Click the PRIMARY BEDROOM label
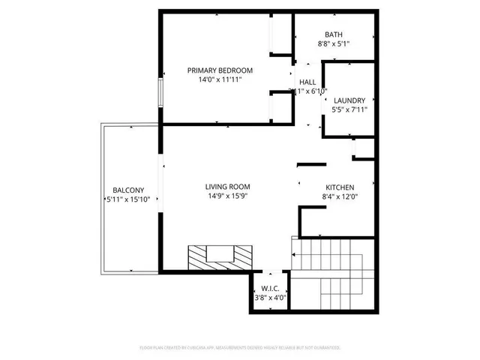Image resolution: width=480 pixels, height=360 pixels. [x=220, y=70]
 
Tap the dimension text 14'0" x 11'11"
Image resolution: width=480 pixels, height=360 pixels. [x=220, y=80]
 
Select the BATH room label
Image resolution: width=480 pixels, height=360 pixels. [x=334, y=34]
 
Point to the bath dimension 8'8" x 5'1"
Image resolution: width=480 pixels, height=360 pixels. [x=334, y=44]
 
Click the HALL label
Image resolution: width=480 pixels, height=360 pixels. [x=307, y=82]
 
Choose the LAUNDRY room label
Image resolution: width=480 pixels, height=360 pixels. [x=349, y=100]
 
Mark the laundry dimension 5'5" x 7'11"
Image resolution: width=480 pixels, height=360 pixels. [x=349, y=110]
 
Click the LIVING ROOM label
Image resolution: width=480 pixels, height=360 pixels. [x=228, y=187]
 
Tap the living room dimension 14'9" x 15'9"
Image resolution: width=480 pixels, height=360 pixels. [x=228, y=196]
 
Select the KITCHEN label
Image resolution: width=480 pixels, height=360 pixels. [x=339, y=187]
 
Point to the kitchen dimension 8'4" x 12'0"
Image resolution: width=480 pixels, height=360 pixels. [x=339, y=197]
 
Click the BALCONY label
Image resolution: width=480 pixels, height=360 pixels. [x=128, y=190]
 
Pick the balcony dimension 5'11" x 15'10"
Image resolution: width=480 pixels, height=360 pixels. [x=128, y=199]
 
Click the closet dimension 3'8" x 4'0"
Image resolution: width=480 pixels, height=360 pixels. [x=269, y=297]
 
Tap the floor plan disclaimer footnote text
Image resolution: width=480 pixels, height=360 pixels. [x=240, y=348]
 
